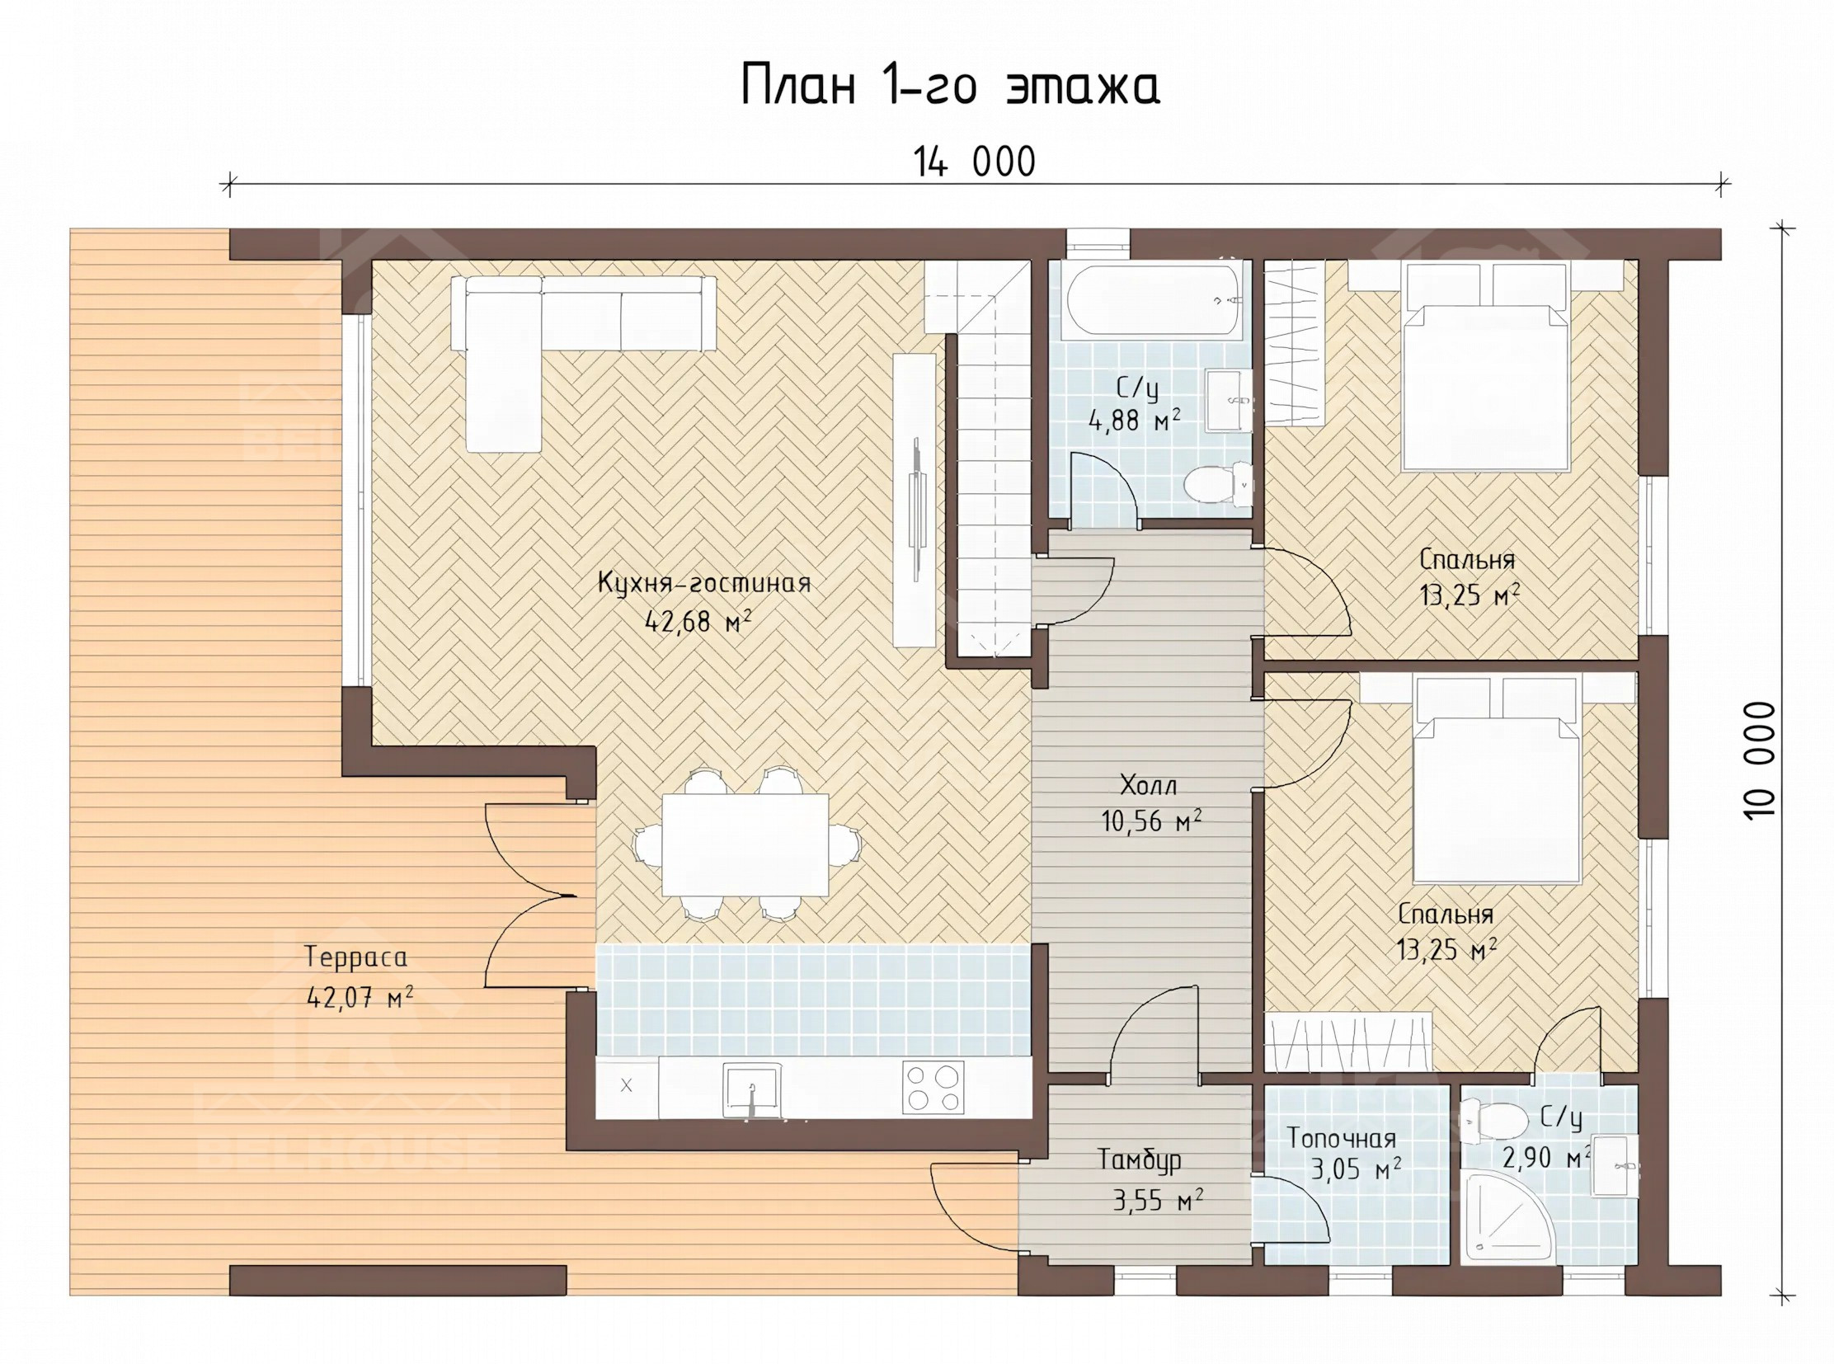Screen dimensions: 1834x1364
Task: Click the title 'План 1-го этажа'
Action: pyautogui.click(x=951, y=86)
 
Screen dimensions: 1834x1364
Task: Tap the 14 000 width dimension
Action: pyautogui.click(x=974, y=162)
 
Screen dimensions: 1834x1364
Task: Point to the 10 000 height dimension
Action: pyautogui.click(x=1760, y=760)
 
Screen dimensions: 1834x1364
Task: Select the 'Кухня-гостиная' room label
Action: pyautogui.click(x=704, y=584)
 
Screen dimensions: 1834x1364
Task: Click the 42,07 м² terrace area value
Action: pyautogui.click(x=360, y=998)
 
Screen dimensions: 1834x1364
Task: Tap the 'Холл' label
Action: pyautogui.click(x=1148, y=784)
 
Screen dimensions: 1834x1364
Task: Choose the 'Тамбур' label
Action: pyautogui.click(x=1139, y=1160)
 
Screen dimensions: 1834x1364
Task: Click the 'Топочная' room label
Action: pyautogui.click(x=1342, y=1139)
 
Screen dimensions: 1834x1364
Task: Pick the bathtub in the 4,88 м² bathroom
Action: pyautogui.click(x=1154, y=301)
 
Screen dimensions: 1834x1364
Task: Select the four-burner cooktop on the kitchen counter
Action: pyautogui.click(x=933, y=1087)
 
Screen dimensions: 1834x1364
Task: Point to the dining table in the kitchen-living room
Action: pyautogui.click(x=745, y=844)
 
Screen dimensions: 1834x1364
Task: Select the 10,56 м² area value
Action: pyautogui.click(x=1151, y=821)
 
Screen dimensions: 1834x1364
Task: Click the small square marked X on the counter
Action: pyautogui.click(x=627, y=1086)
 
